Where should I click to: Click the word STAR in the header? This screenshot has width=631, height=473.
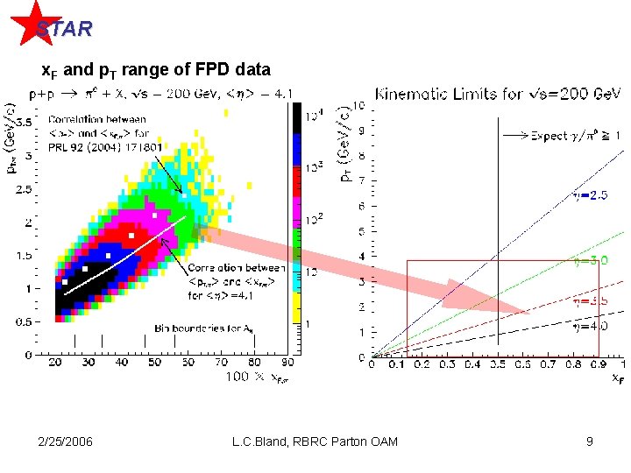63,29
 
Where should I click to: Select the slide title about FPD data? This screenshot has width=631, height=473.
157,68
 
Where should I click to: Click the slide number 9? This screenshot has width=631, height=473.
590,441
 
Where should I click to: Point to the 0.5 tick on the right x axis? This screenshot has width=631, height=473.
498,364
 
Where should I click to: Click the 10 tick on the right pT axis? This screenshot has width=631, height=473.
359,105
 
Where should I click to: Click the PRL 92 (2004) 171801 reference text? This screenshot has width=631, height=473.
105,146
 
